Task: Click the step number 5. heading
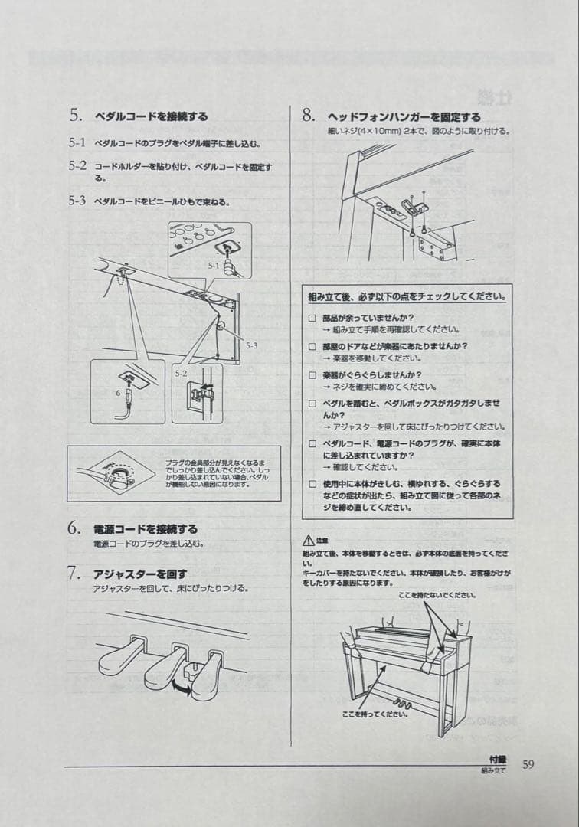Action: click(75, 116)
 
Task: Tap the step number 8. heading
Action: click(309, 116)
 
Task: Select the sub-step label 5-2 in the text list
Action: click(77, 165)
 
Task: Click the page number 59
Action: click(528, 763)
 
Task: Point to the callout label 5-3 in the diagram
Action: click(252, 345)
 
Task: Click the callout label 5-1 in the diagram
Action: click(214, 265)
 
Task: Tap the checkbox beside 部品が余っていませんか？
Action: click(312, 317)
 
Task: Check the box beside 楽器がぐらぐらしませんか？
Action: click(312, 375)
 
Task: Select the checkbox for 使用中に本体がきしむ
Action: click(312, 484)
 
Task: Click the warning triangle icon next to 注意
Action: click(309, 541)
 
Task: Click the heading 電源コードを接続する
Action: click(145, 529)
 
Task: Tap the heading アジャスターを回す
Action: click(139, 574)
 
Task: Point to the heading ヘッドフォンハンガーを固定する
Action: click(404, 117)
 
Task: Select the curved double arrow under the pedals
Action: click(182, 689)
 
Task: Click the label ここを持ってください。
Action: click(375, 714)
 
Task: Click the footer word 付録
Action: click(498, 760)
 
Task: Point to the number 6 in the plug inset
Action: click(117, 391)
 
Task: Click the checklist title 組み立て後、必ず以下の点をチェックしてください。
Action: click(407, 296)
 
